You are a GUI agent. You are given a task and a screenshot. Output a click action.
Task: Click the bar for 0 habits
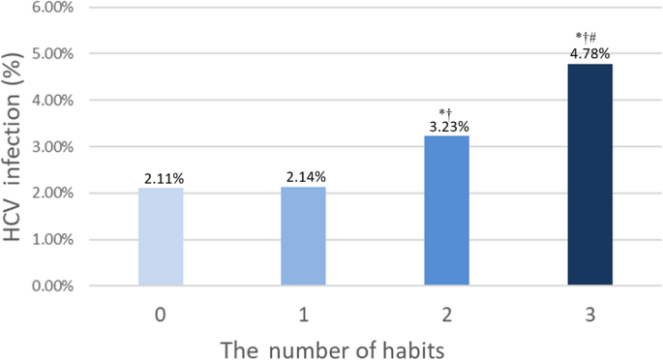(161, 237)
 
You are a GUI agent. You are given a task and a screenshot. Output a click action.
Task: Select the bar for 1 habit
(304, 236)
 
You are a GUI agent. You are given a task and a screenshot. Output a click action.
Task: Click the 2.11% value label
(161, 178)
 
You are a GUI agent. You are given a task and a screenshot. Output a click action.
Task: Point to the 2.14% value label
(304, 177)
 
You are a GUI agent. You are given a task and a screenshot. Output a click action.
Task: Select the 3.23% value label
(447, 126)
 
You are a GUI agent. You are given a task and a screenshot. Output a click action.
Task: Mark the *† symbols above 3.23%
(447, 111)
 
